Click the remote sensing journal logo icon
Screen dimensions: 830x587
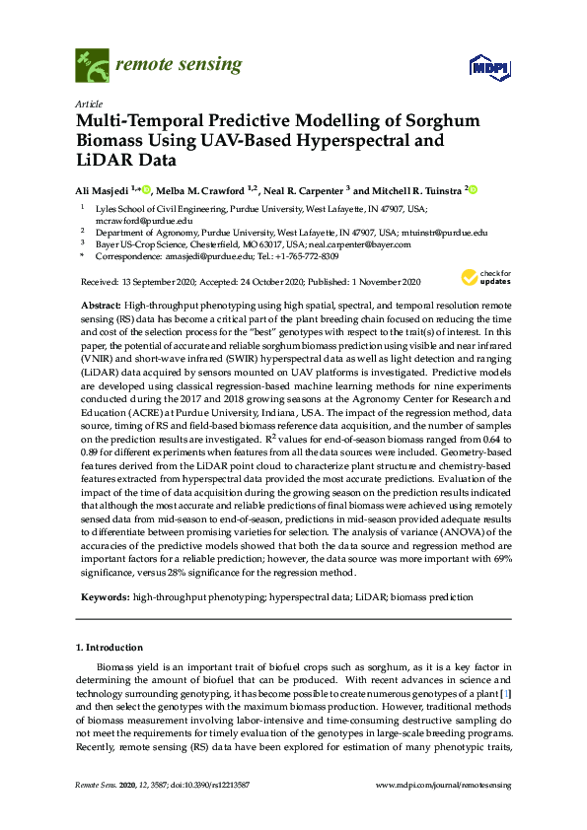[92, 66]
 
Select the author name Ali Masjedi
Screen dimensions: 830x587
[102, 190]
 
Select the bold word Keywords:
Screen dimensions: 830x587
[104, 597]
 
